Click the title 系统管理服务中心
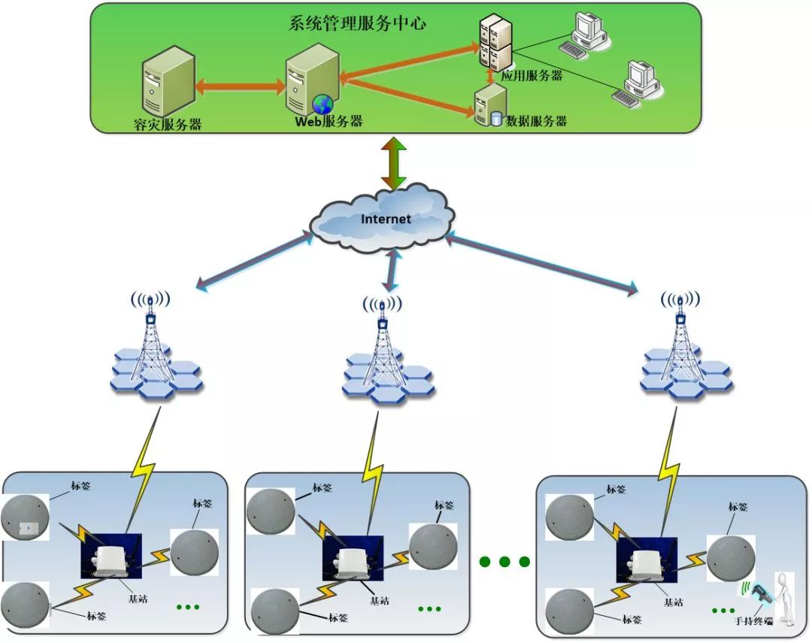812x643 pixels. click(x=357, y=23)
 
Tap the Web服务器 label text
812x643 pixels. click(x=329, y=121)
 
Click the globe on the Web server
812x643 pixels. click(x=323, y=104)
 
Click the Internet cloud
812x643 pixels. click(x=383, y=219)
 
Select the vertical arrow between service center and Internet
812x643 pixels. click(x=393, y=162)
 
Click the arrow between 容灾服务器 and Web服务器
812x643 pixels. click(x=240, y=86)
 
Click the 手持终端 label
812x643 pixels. click(x=754, y=622)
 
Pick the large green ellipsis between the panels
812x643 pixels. click(x=504, y=562)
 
